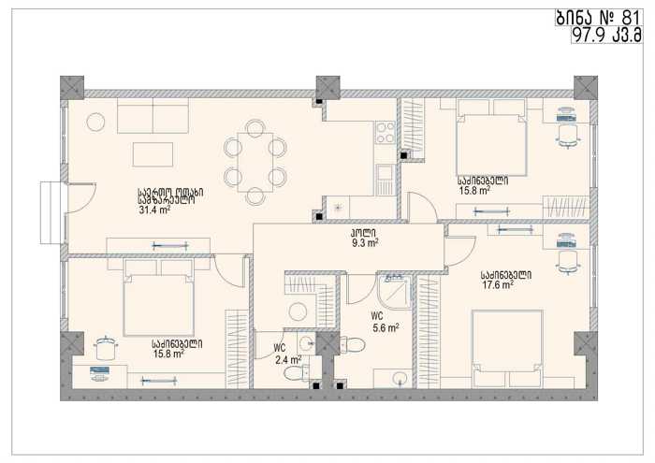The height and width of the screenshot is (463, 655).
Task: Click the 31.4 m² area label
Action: point(154,210)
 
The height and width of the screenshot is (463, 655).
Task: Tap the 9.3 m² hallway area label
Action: point(365,243)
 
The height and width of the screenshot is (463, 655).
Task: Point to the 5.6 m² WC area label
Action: point(386,328)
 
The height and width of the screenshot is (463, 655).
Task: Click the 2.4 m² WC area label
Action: point(288,359)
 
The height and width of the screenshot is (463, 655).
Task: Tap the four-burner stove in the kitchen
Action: point(385,132)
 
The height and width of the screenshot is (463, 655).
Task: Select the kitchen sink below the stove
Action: point(386,180)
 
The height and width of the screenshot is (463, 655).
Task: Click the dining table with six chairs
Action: point(255,163)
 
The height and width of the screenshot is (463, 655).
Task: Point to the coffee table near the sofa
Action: point(153,154)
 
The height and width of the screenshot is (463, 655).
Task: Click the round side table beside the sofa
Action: point(95,123)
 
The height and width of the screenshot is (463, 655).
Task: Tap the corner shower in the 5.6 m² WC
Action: point(394,291)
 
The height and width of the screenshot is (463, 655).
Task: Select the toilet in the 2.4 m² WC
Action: point(297,372)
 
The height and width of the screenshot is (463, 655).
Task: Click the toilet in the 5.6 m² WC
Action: point(353,344)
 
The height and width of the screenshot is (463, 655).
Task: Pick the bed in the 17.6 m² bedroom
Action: point(507,348)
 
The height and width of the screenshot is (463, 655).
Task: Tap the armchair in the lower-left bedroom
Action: point(106,348)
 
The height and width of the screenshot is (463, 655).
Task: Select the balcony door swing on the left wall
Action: point(82,198)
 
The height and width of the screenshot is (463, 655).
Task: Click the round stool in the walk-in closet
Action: point(298,311)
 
